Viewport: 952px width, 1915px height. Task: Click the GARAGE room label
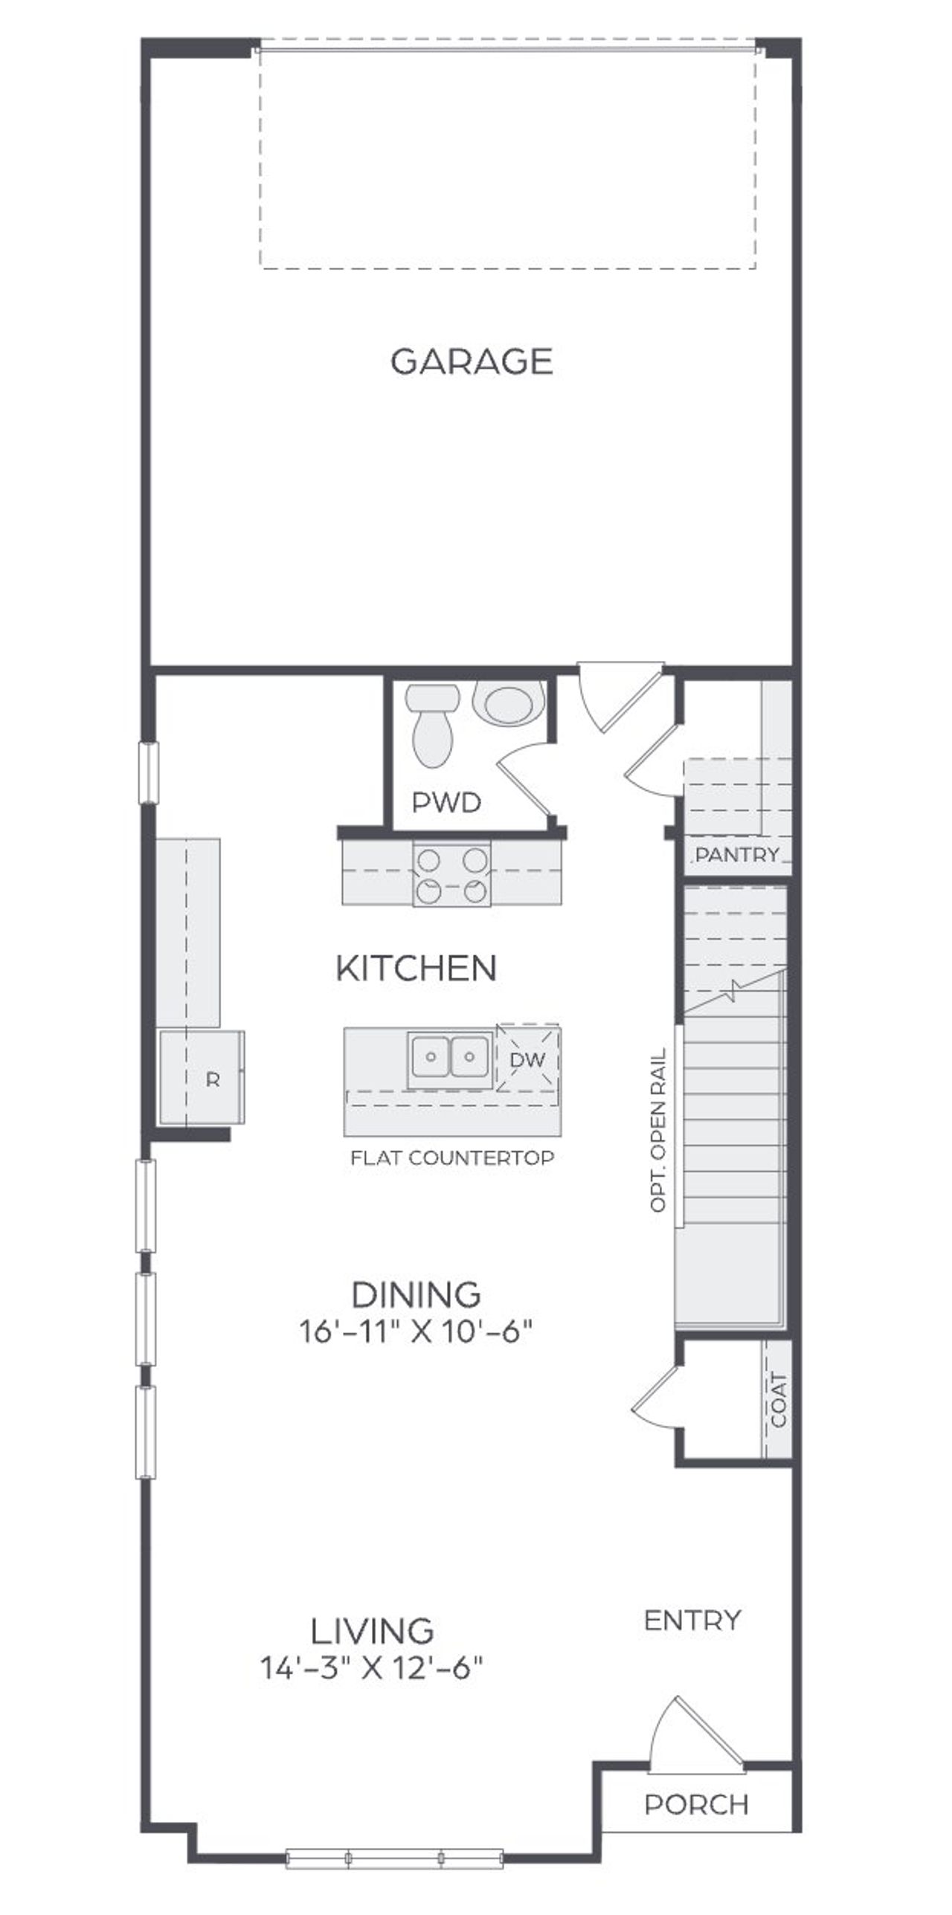tap(472, 361)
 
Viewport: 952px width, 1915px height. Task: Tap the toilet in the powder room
tap(433, 725)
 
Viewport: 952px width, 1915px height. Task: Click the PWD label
tap(447, 803)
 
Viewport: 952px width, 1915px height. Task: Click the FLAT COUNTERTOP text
tap(452, 1158)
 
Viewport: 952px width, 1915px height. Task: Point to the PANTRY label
tap(736, 855)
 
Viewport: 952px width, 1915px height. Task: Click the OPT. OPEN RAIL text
tap(658, 1130)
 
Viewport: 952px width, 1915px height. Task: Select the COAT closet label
tap(778, 1401)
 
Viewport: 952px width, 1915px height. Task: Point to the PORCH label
tap(696, 1804)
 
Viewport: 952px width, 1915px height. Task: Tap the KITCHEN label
tap(416, 969)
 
